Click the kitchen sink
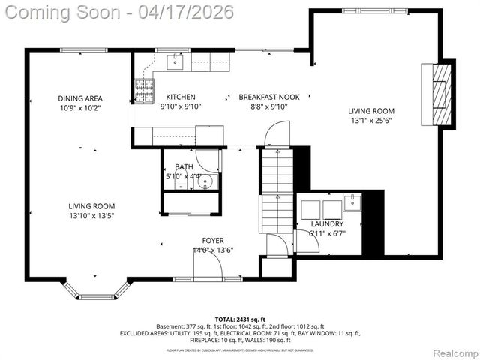(x=174, y=61)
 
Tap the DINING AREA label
(x=80, y=98)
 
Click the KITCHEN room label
(x=181, y=97)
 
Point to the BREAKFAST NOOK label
(x=268, y=97)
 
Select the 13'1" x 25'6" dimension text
(x=370, y=120)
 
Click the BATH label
(x=184, y=166)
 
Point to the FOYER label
(x=212, y=240)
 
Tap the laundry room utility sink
(x=352, y=202)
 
